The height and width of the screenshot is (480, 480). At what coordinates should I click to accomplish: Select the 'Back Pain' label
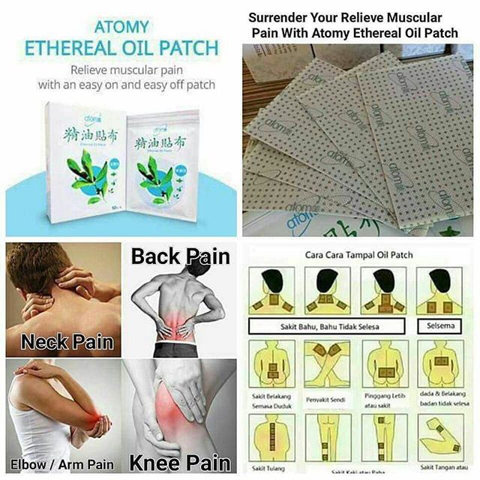[181, 256]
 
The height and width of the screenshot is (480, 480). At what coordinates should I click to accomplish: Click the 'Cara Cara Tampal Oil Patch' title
[359, 254]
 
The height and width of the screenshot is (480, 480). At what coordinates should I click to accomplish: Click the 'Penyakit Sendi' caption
[324, 400]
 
